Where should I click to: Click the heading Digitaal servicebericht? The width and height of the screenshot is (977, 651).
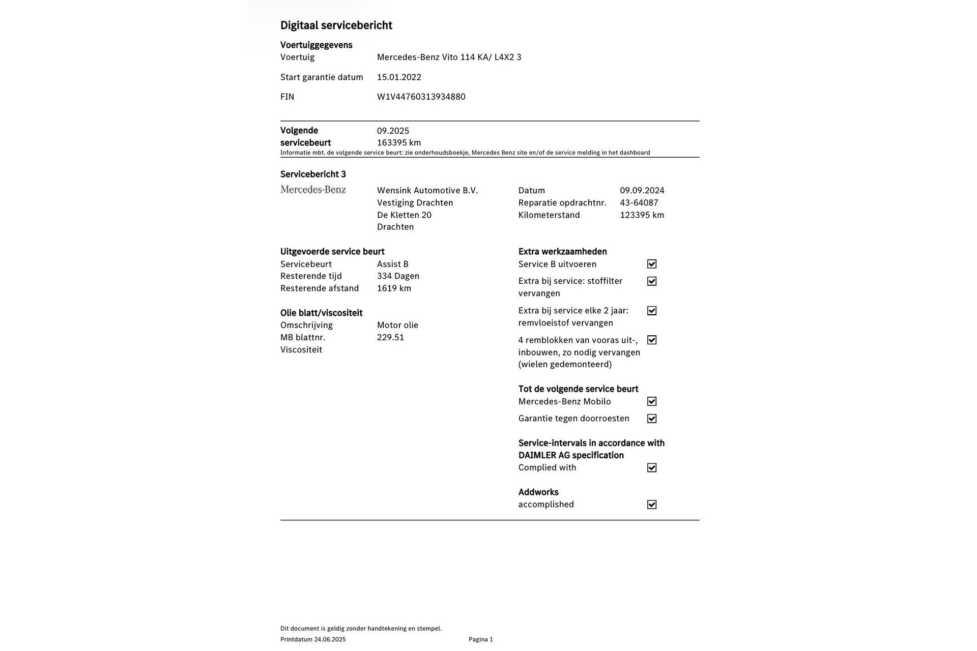tap(336, 25)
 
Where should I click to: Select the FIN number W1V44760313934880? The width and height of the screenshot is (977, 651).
tap(421, 97)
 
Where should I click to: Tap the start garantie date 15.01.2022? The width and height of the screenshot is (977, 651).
tap(399, 77)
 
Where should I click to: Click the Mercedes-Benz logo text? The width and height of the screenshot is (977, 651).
tap(313, 190)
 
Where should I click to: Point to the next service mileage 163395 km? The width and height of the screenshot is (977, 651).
tap(398, 143)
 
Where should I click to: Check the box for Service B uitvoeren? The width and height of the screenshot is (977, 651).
tap(651, 264)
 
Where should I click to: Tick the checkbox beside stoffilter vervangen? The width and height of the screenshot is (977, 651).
tap(651, 281)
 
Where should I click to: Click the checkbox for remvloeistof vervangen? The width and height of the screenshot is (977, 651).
tap(651, 311)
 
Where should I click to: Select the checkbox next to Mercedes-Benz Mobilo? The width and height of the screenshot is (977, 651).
tap(651, 401)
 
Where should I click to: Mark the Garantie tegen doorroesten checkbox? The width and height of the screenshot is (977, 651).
tap(651, 419)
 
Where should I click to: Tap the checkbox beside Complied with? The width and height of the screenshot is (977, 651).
tap(651, 468)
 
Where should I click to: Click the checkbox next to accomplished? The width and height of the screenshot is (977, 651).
tap(651, 505)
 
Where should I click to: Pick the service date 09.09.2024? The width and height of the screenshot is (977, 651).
tap(642, 191)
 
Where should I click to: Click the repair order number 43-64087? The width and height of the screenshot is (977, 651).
tap(639, 203)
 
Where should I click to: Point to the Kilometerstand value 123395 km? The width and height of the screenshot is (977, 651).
tap(642, 215)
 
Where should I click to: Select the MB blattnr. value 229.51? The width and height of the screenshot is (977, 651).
tap(390, 338)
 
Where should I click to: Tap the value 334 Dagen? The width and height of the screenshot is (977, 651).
tap(398, 276)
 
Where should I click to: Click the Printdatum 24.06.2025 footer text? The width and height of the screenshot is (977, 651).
tap(312, 639)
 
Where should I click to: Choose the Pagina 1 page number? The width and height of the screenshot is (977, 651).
tap(480, 639)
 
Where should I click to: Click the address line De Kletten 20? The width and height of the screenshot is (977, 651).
tap(404, 215)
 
